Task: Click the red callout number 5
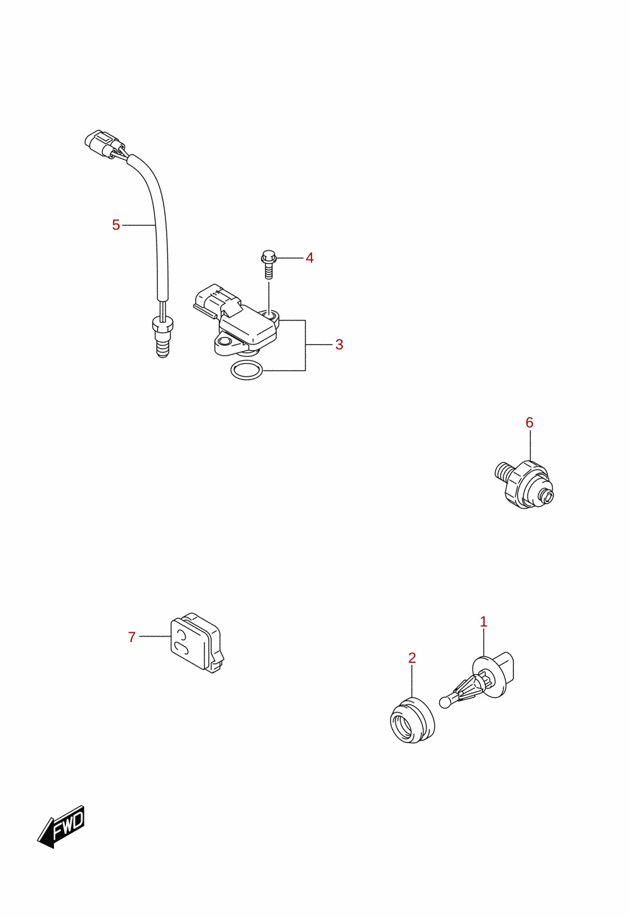(x=116, y=225)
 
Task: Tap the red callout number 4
(x=309, y=258)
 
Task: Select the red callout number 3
(x=339, y=345)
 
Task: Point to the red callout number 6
(x=529, y=422)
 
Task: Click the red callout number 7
(x=131, y=637)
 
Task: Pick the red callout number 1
(x=483, y=622)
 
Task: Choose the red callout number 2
(x=412, y=658)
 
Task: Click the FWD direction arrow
(x=61, y=826)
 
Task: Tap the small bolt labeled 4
(x=269, y=265)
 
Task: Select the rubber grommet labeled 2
(x=412, y=720)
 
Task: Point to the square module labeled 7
(x=196, y=643)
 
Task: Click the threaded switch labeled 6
(x=525, y=484)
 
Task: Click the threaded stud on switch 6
(x=502, y=472)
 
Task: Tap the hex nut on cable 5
(x=162, y=326)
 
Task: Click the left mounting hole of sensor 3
(x=224, y=341)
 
